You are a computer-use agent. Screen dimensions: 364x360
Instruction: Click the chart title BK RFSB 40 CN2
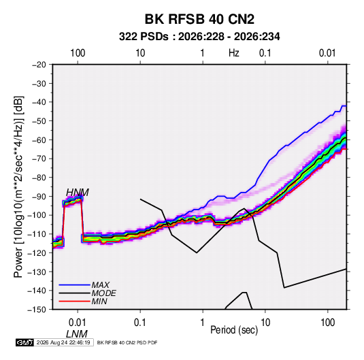click(199, 19)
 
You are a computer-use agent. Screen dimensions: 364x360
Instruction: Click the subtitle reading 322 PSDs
click(144, 37)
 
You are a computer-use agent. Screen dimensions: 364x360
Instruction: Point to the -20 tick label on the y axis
click(39, 65)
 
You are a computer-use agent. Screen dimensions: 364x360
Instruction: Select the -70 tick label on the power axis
click(39, 159)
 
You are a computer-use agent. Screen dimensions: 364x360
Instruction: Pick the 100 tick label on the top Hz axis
click(78, 53)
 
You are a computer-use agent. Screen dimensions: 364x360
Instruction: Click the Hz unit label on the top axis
click(234, 53)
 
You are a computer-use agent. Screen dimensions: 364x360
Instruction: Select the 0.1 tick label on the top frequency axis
click(265, 53)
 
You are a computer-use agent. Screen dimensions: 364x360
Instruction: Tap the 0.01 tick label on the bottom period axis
click(78, 323)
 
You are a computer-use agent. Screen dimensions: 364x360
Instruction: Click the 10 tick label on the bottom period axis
click(265, 323)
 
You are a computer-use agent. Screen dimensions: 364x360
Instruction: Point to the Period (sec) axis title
click(234, 330)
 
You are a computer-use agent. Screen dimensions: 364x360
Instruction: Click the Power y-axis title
click(18, 186)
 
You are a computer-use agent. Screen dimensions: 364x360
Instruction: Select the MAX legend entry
click(100, 284)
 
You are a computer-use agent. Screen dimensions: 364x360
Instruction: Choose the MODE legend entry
click(104, 293)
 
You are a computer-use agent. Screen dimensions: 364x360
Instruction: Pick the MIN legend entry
click(99, 301)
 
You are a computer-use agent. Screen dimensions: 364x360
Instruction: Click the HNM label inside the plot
click(78, 193)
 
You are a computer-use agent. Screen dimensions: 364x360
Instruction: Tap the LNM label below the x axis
click(77, 334)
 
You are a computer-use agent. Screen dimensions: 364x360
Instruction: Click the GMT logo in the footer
click(24, 342)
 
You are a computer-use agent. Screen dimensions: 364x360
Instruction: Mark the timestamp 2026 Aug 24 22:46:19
click(63, 342)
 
